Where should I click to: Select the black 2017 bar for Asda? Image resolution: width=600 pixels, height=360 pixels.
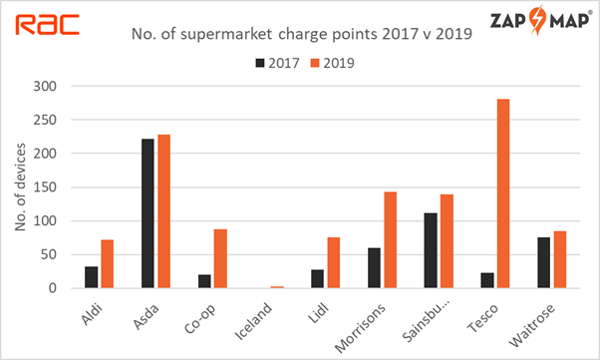148,213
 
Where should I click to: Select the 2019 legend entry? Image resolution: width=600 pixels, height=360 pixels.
330,62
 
